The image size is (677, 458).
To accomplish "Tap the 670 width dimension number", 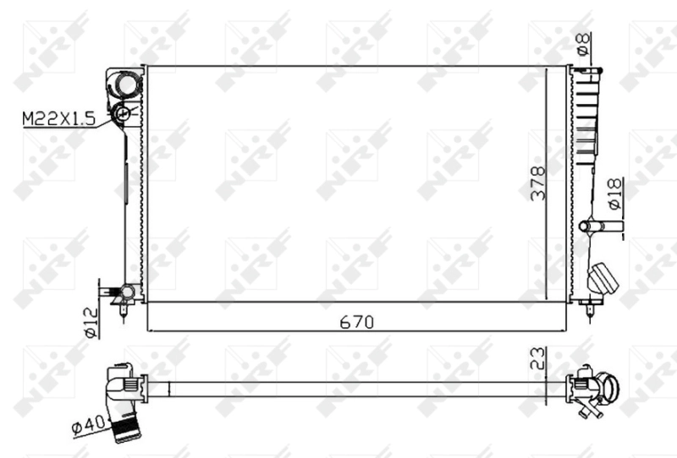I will (355, 321).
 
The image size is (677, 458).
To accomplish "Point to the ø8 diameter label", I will (583, 41).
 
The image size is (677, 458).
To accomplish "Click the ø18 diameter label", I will (615, 195).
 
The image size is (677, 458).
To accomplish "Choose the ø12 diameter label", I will (91, 321).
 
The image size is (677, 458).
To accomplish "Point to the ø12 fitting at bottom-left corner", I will (124, 292).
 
